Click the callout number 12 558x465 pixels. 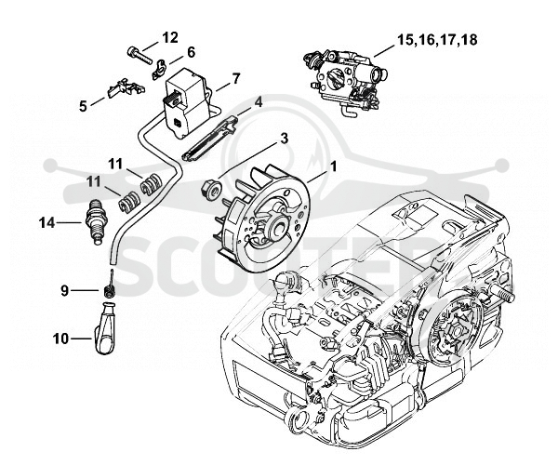tap(170, 37)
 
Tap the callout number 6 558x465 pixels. tap(191, 52)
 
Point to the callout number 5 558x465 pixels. tap(83, 106)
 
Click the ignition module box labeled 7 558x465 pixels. tap(185, 101)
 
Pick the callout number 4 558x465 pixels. tap(259, 103)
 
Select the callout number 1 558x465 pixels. tap(334, 166)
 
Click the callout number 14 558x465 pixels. tap(47, 223)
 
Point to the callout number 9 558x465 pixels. tap(64, 291)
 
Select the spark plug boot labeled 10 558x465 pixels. tap(106, 328)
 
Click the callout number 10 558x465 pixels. tap(60, 339)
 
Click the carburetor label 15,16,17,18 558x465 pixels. tap(437, 40)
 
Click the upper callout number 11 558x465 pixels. tap(115, 165)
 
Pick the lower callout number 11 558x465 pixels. tap(94, 182)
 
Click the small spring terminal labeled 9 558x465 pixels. tap(109, 286)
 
